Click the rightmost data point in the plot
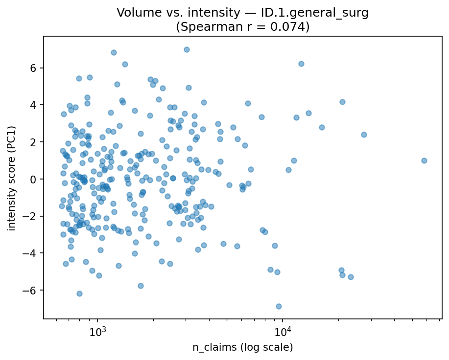coord(424,160)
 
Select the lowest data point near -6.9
coord(279,306)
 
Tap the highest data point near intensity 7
coord(187,49)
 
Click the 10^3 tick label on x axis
coord(97,333)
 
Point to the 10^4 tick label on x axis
coord(283,333)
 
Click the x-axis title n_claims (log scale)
coord(242,348)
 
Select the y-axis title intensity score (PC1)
coord(11,178)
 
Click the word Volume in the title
coord(135,13)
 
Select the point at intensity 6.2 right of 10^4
coord(301,64)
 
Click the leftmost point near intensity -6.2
coord(79,293)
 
